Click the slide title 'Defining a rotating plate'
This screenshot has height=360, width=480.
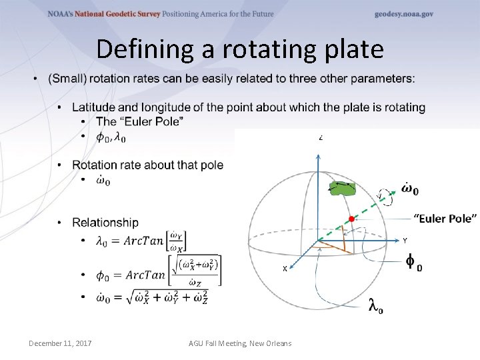(240, 49)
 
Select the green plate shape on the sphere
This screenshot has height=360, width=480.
(344, 189)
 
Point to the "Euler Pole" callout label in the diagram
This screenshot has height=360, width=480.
(445, 219)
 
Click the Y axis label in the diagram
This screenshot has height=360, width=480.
(405, 240)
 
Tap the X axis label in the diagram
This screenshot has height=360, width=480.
(285, 269)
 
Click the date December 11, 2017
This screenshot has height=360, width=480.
(60, 343)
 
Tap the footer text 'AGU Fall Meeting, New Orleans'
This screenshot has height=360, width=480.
(240, 343)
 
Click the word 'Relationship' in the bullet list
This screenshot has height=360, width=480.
(105, 222)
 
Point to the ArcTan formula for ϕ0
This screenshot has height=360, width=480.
(159, 274)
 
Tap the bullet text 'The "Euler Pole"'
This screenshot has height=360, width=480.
(140, 121)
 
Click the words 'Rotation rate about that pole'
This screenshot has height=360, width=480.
(147, 165)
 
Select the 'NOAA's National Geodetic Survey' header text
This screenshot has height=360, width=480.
(103, 14)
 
